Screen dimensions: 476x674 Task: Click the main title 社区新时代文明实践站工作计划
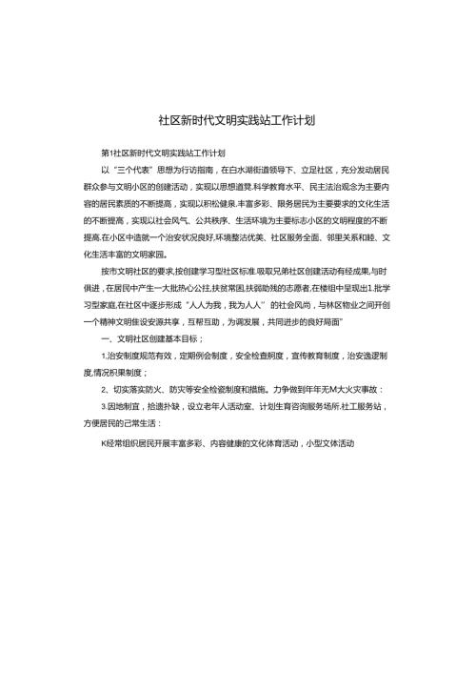[x=237, y=122]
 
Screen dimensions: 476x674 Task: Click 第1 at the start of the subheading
[x=105, y=153]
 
